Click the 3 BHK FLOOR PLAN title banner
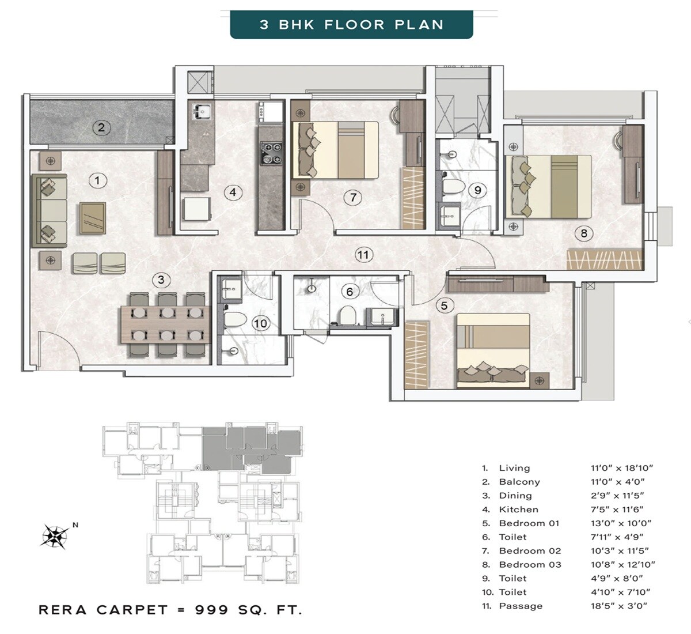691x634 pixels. coord(351,25)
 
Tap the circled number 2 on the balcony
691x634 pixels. coord(101,127)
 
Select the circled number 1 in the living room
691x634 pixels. coord(97,180)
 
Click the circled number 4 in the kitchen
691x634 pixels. coord(233,192)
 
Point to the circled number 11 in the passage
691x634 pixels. coord(363,255)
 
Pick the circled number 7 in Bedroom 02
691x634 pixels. coord(353,198)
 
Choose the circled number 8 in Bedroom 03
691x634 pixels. coord(584,233)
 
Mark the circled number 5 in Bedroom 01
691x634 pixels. coord(444,305)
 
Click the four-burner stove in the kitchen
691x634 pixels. coord(270,153)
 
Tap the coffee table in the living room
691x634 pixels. coord(92,218)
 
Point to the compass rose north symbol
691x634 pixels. coord(55,537)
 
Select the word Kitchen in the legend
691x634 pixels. coord(518,510)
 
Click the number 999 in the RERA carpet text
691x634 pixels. coord(212,610)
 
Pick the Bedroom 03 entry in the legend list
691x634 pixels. coord(529,565)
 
